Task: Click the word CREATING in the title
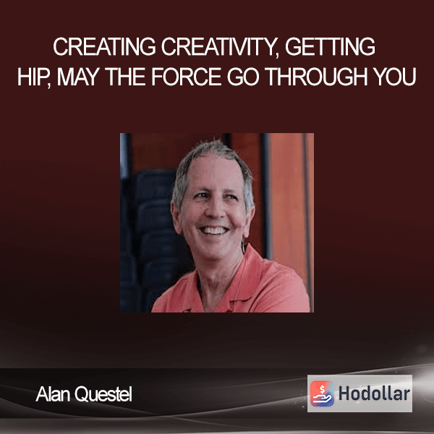coord(104,46)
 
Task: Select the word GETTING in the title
coord(330,46)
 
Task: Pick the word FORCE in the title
coord(187,77)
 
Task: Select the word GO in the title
coord(243,77)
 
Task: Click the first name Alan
coord(53,394)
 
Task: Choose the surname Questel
coord(103,394)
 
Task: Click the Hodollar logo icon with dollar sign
coord(322,393)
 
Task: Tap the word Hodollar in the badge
coord(374,393)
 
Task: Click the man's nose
coord(214,210)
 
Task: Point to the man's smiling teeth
coord(213,230)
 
